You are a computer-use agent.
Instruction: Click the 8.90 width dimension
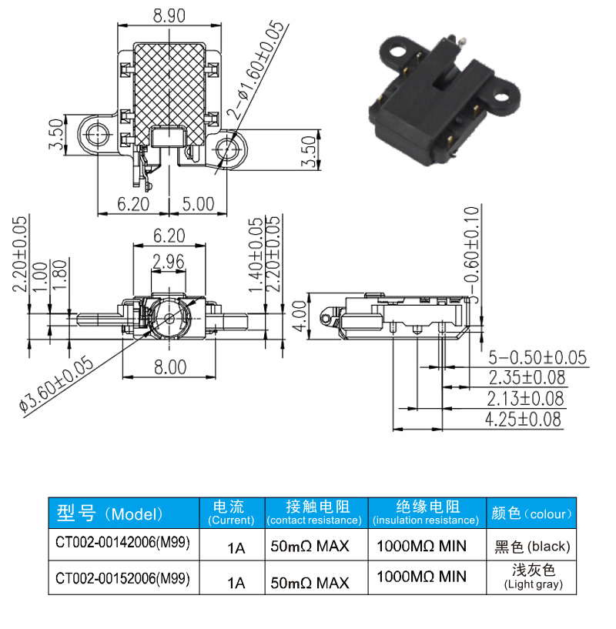(x=169, y=15)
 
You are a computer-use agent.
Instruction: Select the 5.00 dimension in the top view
(x=198, y=204)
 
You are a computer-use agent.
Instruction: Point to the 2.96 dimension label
(x=169, y=262)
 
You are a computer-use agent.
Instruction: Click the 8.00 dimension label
(x=170, y=367)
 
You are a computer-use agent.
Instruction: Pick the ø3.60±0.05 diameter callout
(x=56, y=383)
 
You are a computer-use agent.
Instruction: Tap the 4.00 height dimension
(x=300, y=316)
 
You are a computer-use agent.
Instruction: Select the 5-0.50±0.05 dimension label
(x=537, y=357)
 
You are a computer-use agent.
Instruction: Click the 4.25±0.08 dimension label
(x=523, y=419)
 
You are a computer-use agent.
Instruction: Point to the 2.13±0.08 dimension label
(x=525, y=398)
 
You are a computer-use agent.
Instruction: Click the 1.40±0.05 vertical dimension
(x=256, y=255)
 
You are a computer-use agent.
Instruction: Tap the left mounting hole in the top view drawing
(x=97, y=135)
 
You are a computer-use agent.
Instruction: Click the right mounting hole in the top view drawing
(x=226, y=149)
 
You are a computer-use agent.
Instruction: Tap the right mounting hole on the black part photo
(x=501, y=97)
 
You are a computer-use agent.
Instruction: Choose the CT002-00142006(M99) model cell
(x=122, y=542)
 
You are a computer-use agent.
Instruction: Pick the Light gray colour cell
(x=534, y=577)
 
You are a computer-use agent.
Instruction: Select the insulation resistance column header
(x=427, y=513)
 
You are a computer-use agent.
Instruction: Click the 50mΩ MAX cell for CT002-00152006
(x=310, y=583)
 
